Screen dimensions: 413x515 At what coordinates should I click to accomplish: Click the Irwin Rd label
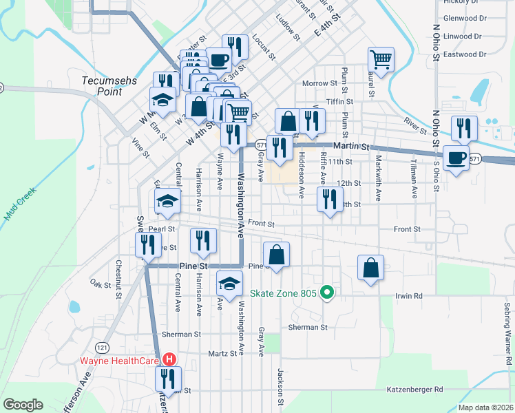tap(408, 296)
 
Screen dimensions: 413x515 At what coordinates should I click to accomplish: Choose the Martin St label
tap(352, 147)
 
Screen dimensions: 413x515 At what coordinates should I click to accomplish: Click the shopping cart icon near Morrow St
tap(380, 59)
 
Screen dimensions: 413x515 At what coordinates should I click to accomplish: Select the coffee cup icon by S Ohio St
tap(456, 158)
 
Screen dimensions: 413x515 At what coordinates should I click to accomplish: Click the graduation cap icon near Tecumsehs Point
tap(162, 99)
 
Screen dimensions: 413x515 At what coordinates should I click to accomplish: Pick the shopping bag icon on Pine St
tap(276, 254)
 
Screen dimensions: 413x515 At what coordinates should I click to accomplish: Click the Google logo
tap(23, 405)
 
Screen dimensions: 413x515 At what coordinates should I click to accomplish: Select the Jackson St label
tap(281, 386)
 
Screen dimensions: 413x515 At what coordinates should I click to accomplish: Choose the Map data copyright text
tap(485, 407)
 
